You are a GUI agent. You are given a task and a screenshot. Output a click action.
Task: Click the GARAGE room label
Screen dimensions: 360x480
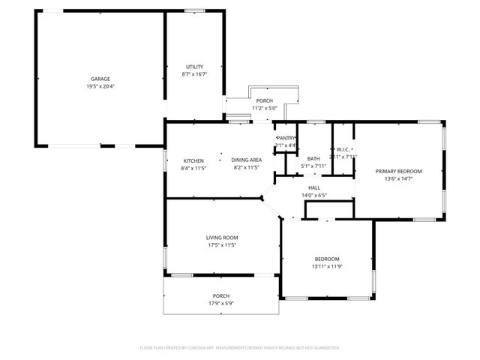point(100,79)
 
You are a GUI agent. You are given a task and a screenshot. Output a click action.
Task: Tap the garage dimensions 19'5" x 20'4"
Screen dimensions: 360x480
point(100,86)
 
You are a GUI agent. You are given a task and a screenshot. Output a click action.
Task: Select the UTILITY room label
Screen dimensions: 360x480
point(194,67)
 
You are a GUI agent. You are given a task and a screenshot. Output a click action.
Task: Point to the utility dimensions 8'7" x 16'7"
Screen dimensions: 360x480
point(194,74)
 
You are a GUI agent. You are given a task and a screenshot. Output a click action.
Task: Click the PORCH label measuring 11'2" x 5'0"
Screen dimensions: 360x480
point(264,100)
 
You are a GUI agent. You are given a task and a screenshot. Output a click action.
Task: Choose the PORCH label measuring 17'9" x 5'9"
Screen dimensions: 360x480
point(221,295)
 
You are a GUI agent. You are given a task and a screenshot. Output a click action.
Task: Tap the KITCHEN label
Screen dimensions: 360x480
point(194,160)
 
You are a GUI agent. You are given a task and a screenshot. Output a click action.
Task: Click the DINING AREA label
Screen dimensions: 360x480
point(246,160)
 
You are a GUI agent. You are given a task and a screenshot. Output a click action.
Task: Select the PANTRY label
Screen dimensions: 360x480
point(286,138)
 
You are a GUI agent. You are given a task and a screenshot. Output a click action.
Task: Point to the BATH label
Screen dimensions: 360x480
point(313,158)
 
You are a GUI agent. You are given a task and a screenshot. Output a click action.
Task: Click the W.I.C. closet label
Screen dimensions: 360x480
point(343,149)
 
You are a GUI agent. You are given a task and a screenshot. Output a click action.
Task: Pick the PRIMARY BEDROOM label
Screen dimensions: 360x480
point(398,171)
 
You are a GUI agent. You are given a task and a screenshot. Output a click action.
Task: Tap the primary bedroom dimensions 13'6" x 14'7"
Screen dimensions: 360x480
point(398,178)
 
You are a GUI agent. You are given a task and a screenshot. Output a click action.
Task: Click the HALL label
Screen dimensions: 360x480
point(313,187)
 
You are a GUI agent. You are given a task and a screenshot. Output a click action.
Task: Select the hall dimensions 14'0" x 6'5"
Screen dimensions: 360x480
point(313,195)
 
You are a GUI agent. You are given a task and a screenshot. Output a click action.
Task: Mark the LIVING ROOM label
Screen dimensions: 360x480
point(221,237)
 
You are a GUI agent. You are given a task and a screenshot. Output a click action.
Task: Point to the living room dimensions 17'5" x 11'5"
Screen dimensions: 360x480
point(221,244)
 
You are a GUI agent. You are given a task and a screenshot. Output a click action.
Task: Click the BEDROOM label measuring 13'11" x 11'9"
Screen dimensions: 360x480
point(326,259)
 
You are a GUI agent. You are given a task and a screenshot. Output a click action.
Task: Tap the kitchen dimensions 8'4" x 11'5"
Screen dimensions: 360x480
point(194,168)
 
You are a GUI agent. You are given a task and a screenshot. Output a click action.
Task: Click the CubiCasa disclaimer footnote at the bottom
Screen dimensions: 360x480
point(240,348)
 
